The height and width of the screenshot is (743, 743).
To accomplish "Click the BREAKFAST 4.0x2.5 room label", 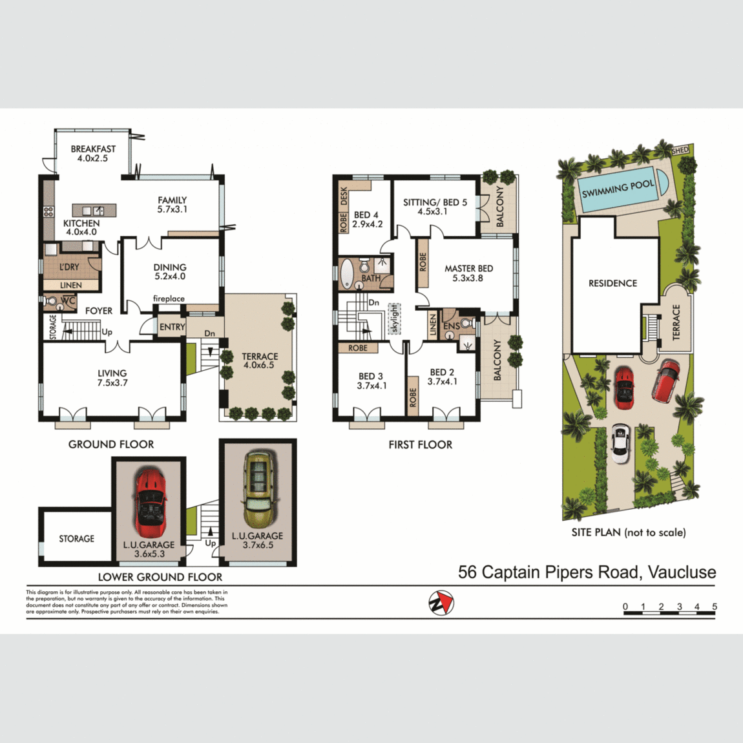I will point(93,154).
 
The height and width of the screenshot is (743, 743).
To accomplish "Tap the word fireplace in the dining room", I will point(169,298).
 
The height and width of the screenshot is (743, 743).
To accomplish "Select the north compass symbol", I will point(441,603).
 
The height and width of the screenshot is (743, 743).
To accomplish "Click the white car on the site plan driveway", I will point(620,443).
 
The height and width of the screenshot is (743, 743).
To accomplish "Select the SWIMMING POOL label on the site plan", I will point(618,189).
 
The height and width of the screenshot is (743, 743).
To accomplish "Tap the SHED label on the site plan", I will point(680,151).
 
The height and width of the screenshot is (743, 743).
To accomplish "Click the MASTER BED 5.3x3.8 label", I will point(468,273).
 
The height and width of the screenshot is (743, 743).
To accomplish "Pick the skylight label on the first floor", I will point(394,319).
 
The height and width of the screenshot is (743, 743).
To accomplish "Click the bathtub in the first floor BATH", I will point(347,273).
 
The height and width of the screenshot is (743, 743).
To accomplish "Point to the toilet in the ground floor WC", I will point(51,302).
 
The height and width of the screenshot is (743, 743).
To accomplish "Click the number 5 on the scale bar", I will point(715,607).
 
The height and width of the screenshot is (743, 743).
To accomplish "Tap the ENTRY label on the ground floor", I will point(172,327).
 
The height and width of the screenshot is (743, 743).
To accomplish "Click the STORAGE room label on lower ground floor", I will point(76,538).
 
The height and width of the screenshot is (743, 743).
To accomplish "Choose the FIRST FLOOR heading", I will point(420,445).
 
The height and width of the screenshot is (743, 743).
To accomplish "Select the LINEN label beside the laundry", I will point(71,285).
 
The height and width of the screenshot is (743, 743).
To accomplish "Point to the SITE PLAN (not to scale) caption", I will point(628,532).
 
